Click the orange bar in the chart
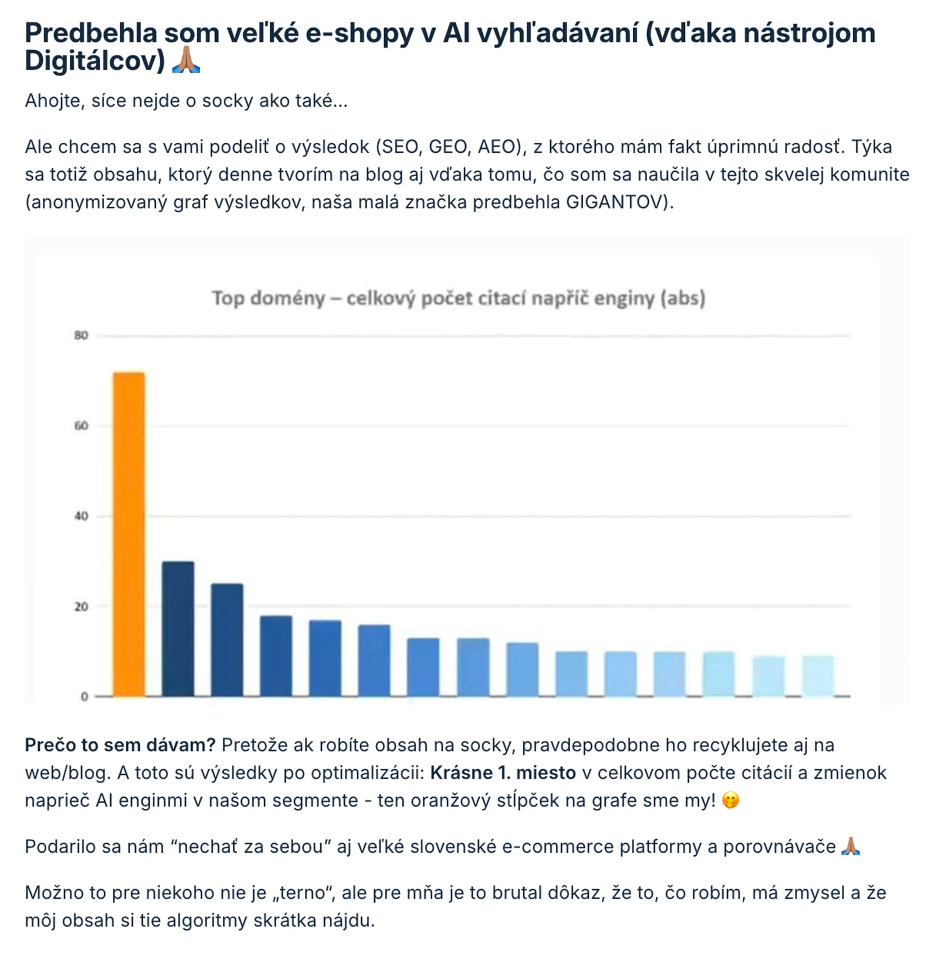click(129, 534)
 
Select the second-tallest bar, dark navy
click(178, 628)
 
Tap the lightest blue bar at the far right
click(818, 676)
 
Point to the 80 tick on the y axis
click(82, 335)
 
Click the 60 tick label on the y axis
click(82, 426)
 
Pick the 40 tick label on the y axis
click(82, 516)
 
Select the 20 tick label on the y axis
click(82, 607)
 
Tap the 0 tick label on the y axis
click(84, 697)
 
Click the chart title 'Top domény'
click(269, 298)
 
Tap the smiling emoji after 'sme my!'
click(730, 800)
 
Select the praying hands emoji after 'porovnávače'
click(850, 846)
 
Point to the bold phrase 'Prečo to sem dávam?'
click(120, 745)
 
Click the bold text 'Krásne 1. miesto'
click(503, 773)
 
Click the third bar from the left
click(227, 640)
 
